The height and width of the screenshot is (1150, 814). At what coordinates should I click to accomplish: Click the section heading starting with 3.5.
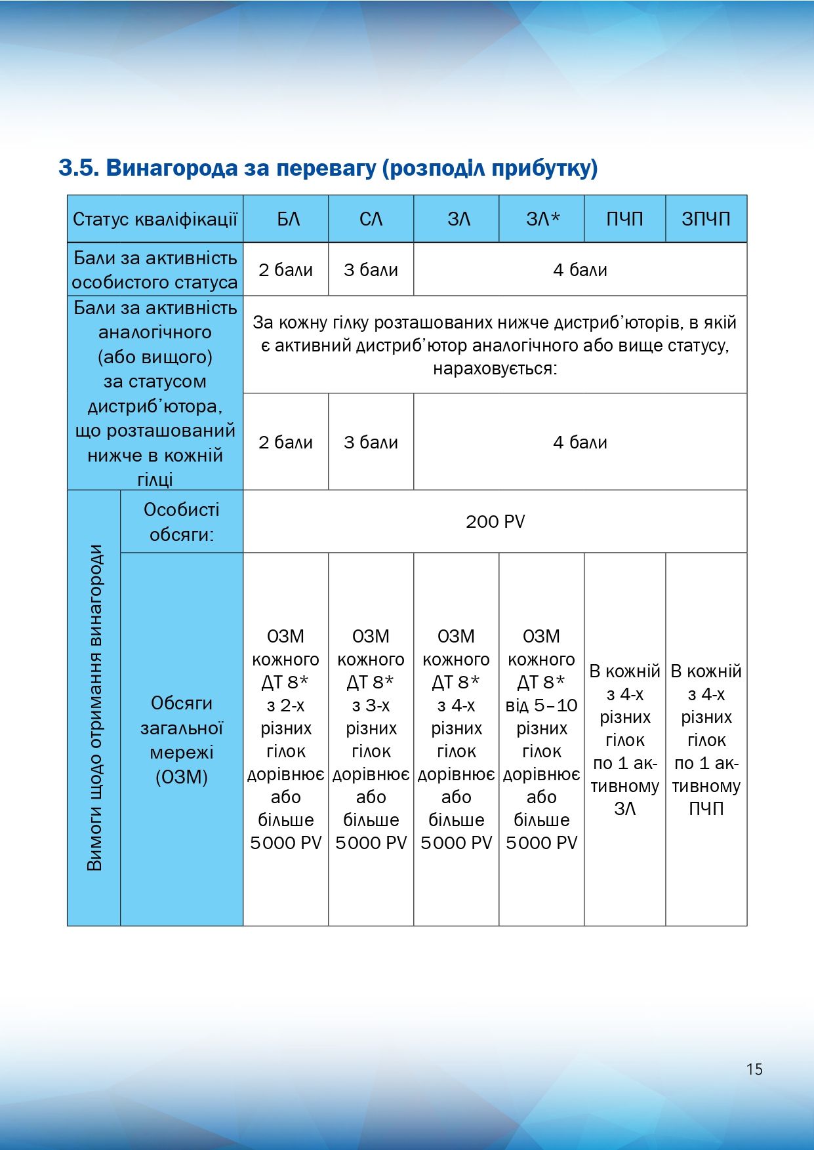[328, 168]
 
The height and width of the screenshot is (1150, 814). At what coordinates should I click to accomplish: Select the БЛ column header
[285, 219]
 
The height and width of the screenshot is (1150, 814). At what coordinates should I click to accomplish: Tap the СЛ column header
[371, 219]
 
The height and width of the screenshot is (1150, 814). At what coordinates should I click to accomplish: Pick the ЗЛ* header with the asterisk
[542, 219]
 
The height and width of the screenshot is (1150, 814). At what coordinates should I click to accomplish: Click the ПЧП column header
[624, 219]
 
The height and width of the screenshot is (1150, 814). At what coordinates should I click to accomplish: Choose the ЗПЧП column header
[706, 219]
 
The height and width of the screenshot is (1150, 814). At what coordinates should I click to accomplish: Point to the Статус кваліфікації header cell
[155, 219]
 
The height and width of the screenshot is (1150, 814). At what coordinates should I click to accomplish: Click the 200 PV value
[495, 522]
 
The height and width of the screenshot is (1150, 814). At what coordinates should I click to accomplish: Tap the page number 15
[754, 1069]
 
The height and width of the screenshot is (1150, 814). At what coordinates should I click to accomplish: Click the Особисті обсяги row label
[182, 522]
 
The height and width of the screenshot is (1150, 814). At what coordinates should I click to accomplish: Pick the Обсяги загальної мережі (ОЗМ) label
[182, 740]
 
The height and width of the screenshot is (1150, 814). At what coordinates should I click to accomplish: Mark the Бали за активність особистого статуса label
[155, 269]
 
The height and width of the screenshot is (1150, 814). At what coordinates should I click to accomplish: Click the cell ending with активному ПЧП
[706, 740]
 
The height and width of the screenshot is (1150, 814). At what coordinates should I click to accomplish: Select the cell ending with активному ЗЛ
[624, 740]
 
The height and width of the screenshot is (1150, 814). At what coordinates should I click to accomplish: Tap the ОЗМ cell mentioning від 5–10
[542, 740]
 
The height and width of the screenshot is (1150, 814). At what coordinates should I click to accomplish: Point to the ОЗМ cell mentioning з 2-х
[285, 740]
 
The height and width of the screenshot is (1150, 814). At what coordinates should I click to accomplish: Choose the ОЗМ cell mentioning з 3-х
[371, 740]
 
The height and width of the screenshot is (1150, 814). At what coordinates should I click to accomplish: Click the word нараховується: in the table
[495, 368]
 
